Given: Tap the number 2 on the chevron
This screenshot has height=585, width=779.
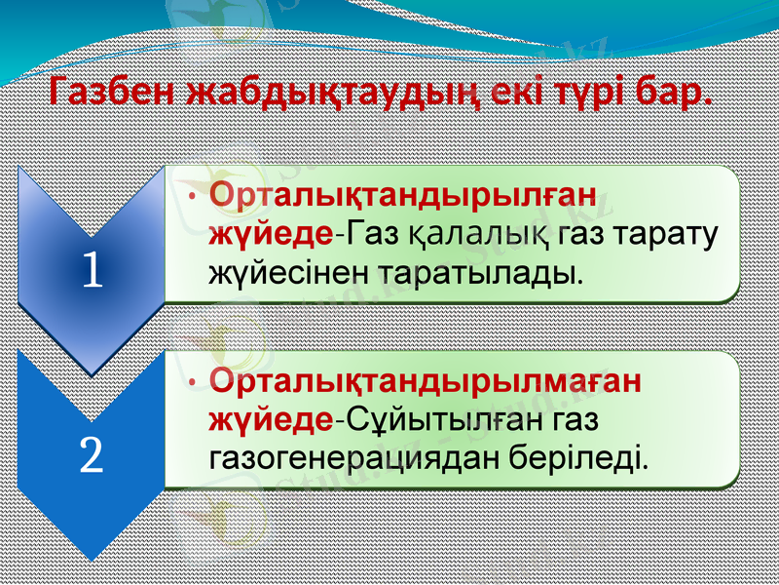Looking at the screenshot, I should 92,455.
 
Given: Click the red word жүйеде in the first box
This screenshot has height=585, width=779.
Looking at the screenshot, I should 271,234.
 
